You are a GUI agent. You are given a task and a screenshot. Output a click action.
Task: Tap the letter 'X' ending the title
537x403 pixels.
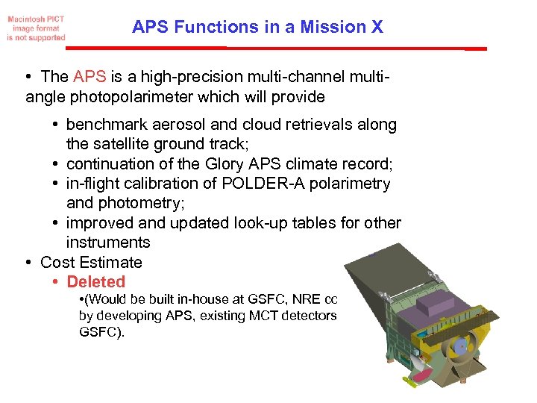point(376,28)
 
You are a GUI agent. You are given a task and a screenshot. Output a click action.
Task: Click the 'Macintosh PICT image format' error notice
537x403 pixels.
point(37,27)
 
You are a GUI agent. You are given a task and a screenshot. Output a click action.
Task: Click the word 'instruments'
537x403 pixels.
point(108,243)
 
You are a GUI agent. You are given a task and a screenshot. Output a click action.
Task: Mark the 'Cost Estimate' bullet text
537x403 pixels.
point(91,262)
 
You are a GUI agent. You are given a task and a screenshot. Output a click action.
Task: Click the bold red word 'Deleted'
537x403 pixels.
point(96,282)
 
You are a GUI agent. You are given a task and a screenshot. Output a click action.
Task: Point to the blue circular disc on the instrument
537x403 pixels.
point(460,346)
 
